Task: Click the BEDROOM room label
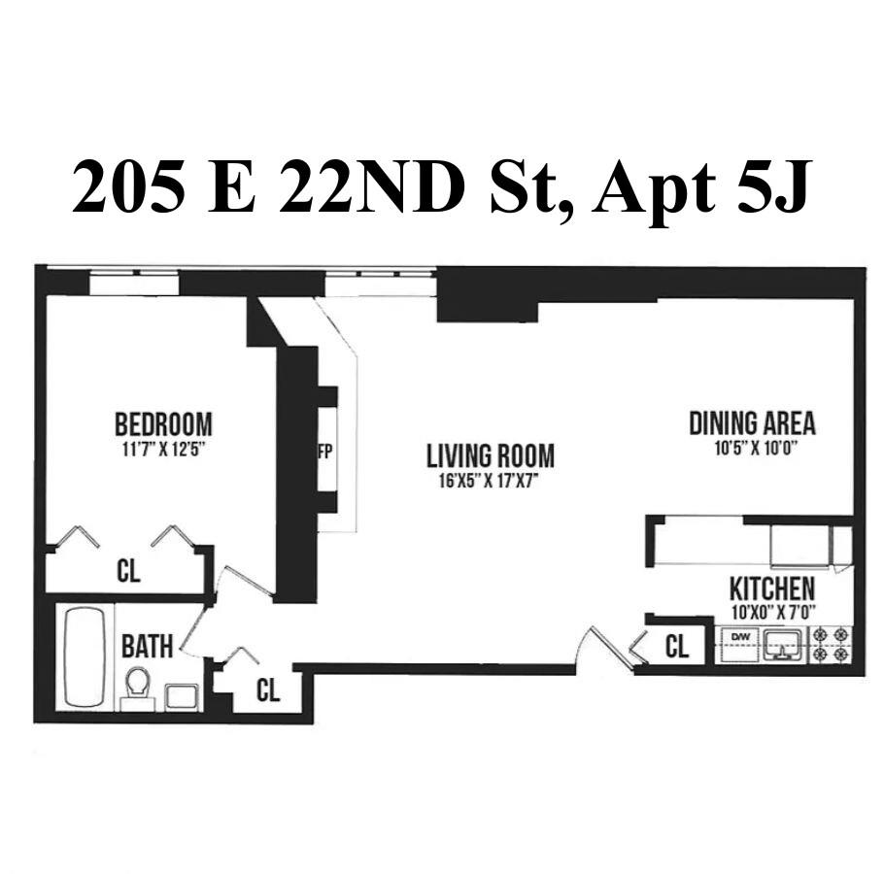[163, 424]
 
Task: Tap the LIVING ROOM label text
[491, 455]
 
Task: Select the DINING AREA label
[752, 423]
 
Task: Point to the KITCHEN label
[772, 589]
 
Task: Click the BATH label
[148, 647]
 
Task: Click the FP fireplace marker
[325, 453]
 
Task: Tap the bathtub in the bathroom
[85, 656]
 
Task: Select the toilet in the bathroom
[138, 684]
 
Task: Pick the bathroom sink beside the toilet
[183, 695]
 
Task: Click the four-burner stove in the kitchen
[831, 645]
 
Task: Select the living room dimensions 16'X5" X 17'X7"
[491, 480]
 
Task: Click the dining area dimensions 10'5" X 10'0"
[752, 449]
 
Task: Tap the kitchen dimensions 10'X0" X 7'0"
[772, 612]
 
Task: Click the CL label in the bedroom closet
[128, 571]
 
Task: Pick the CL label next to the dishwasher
[677, 647]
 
